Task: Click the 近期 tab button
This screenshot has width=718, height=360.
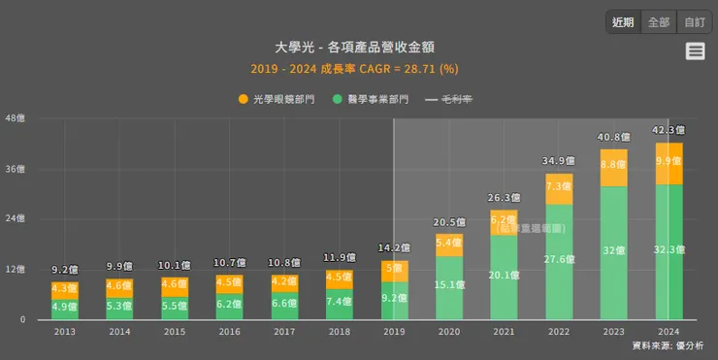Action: click(623, 22)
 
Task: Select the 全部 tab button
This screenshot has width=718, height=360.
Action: click(659, 22)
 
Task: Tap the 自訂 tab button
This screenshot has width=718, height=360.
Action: click(694, 22)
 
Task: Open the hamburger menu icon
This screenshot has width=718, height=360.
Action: click(695, 51)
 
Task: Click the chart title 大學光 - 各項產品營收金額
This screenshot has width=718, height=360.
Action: click(354, 48)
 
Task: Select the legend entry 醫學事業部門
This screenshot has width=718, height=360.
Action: click(371, 99)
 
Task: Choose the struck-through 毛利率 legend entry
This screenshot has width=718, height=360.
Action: click(450, 99)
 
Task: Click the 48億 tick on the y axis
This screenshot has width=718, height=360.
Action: click(16, 119)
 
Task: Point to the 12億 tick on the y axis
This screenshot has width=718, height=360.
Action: click(16, 270)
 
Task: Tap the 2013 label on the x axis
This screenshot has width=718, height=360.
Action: click(64, 331)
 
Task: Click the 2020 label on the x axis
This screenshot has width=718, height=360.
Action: click(448, 331)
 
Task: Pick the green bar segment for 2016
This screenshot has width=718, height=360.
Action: click(229, 307)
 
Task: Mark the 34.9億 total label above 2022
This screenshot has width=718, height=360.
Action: click(559, 160)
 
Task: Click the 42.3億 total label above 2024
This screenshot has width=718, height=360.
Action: click(669, 130)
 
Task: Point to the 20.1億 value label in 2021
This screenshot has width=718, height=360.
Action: click(504, 276)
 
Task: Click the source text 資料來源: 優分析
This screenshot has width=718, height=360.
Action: click(668, 345)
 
